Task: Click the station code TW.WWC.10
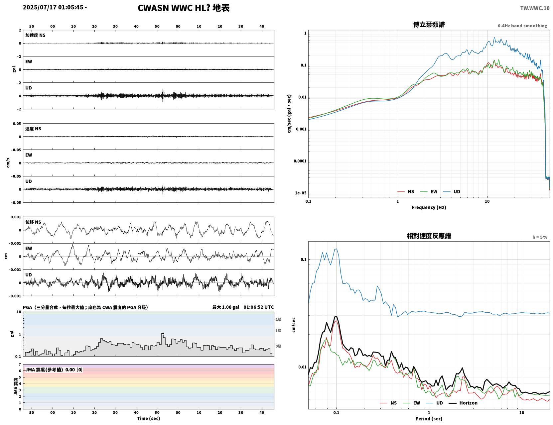pos(535,8)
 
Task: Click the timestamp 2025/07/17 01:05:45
pos(53,7)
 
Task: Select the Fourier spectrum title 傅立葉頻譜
pos(429,25)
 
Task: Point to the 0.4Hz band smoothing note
pos(522,26)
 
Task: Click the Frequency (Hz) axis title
pos(429,207)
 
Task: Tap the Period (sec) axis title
pos(429,419)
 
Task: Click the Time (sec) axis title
pos(148,418)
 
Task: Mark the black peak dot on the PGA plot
pos(163,333)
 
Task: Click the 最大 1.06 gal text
pos(226,307)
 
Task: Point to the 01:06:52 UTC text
pos(259,307)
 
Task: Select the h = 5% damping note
pos(539,237)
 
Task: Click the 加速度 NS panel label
pos(35,35)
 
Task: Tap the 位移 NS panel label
pos(33,222)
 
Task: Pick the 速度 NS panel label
pos(33,129)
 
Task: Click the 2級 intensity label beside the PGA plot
pos(278,319)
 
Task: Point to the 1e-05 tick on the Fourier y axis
pos(301,193)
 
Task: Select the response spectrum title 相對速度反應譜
pos(429,236)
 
